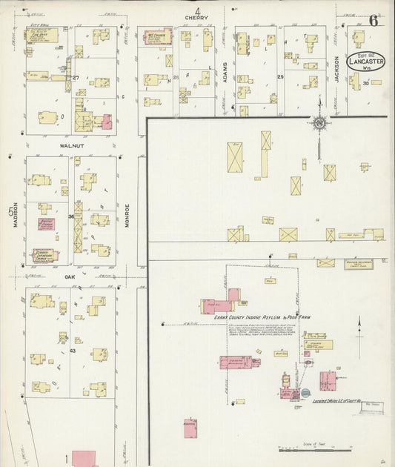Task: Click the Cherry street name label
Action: (x=198, y=19)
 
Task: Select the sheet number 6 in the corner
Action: (x=374, y=20)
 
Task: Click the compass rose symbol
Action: (x=319, y=123)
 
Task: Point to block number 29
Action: (x=280, y=77)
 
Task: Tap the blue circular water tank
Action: (x=305, y=393)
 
